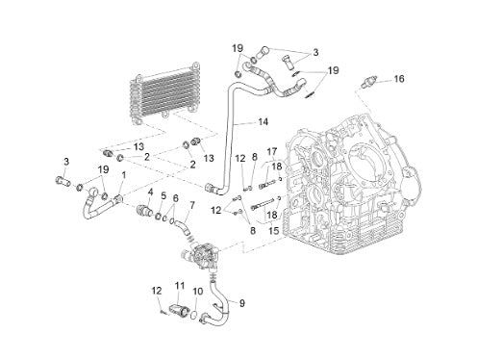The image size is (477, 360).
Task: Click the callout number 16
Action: coord(399,79)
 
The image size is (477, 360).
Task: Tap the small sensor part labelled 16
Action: coord(369,82)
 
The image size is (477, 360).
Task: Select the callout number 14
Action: coord(263,122)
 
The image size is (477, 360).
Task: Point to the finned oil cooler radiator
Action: coord(164,93)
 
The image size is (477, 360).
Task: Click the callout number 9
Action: coord(241,303)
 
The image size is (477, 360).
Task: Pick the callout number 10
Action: coord(198,292)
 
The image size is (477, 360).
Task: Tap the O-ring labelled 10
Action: coord(193,315)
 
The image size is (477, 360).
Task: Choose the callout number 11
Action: coord(180,285)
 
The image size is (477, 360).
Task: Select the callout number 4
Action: coord(150,193)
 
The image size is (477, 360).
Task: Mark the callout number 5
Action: coord(163,195)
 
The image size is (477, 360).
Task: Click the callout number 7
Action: coord(191,205)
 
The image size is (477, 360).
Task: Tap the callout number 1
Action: coord(124,175)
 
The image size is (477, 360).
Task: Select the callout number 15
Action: coord(274,230)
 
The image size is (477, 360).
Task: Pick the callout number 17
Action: coord(272,151)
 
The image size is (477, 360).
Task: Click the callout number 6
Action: coord(175,198)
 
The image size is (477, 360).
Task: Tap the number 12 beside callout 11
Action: coord(157,291)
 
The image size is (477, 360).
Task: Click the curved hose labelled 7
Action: coord(183,226)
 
